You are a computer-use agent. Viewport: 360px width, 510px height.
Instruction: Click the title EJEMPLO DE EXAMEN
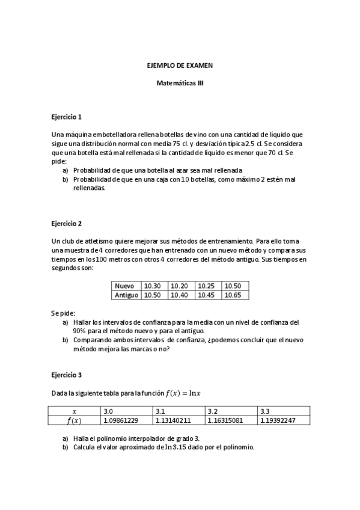[x=180, y=64]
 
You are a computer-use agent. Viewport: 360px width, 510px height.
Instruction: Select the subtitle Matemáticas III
[x=180, y=84]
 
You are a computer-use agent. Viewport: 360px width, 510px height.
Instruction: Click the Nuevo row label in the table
[x=124, y=286]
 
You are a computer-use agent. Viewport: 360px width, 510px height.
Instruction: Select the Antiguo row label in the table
[x=126, y=295]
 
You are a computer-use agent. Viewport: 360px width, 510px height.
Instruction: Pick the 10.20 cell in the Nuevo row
[x=179, y=286]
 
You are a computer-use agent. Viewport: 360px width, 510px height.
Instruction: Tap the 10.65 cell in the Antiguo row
[x=233, y=295]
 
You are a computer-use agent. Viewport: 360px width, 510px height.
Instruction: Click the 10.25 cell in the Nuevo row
[x=206, y=286]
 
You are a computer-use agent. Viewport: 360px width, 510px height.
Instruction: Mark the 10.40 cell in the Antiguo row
[x=179, y=295]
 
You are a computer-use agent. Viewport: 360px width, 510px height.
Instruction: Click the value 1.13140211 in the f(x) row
[x=173, y=420]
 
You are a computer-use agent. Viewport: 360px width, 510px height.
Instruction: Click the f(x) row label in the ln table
[x=75, y=420]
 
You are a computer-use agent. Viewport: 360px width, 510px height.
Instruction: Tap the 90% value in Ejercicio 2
[x=79, y=331]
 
